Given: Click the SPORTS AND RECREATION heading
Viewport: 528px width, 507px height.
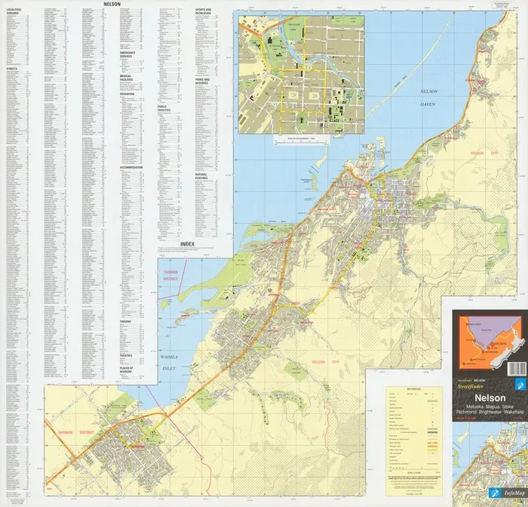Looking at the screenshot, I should coord(203,12).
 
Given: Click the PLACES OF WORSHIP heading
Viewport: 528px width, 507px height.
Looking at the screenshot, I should coord(127,368).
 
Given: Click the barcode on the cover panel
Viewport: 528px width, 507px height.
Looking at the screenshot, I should coord(517,369).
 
